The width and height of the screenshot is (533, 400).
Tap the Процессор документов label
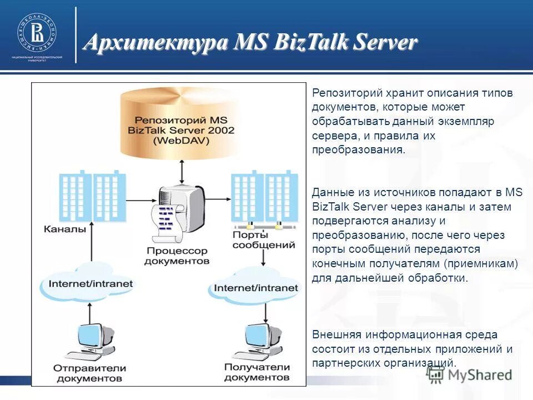click(x=178, y=256)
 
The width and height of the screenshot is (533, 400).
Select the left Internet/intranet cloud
click(x=90, y=283)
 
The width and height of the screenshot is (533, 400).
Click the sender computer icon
click(x=89, y=340)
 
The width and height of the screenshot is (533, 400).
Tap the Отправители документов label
click(x=90, y=373)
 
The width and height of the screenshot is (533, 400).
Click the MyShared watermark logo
click(x=469, y=374)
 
